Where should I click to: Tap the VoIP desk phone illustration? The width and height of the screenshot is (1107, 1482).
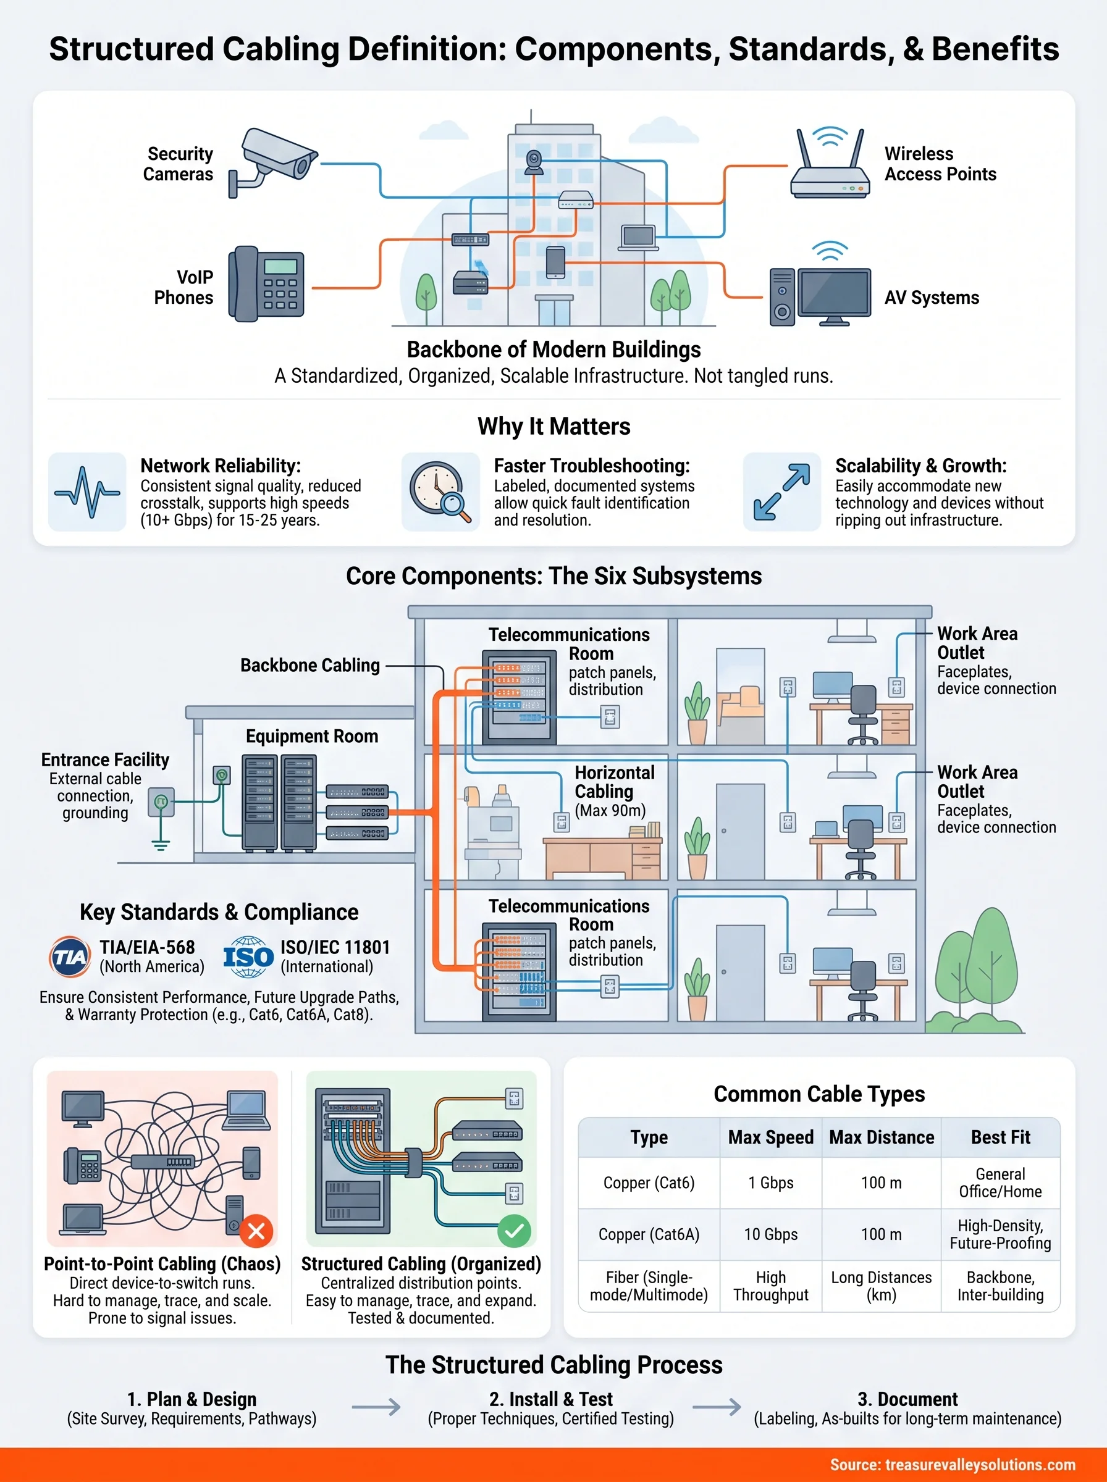[x=266, y=284]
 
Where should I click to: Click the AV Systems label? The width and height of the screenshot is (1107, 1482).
[x=932, y=298]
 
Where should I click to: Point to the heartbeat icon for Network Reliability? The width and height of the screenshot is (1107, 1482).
[x=87, y=492]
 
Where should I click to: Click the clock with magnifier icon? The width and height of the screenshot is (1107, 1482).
[x=440, y=492]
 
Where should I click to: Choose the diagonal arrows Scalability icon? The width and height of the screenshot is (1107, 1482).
[x=781, y=492]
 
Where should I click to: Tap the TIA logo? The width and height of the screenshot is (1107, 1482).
[x=70, y=957]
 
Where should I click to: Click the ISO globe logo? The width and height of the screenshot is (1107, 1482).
[x=248, y=957]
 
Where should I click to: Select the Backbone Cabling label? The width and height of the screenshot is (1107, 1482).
[x=309, y=665]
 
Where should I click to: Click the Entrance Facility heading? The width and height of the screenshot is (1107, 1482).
[x=105, y=760]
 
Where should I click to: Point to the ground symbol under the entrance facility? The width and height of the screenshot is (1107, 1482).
[x=160, y=844]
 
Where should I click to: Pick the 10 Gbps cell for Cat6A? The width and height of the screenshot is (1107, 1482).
[x=770, y=1234]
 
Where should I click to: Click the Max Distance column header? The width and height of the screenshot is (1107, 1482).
[x=881, y=1137]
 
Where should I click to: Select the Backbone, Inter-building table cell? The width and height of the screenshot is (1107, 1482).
[x=1000, y=1286]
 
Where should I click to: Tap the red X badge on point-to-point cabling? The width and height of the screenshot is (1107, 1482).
[x=256, y=1231]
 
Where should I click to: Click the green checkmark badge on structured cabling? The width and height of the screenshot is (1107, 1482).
[x=514, y=1231]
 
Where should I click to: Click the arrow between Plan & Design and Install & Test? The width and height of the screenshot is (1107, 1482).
[x=376, y=1408]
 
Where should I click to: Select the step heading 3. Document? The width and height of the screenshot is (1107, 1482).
[x=907, y=1399]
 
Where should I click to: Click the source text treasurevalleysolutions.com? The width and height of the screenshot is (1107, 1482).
[x=952, y=1465]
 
